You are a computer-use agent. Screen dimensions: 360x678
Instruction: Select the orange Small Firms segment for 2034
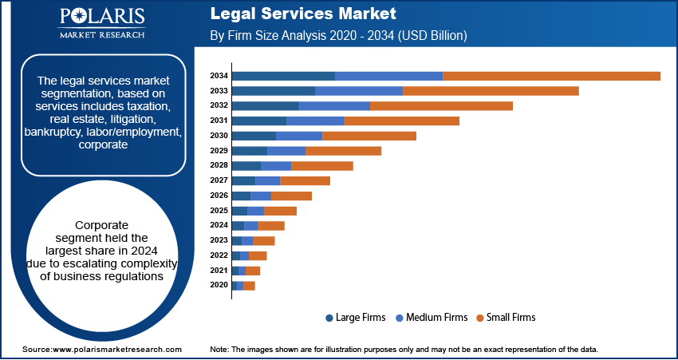(551, 76)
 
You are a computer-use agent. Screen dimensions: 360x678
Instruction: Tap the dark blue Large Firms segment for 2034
(283, 76)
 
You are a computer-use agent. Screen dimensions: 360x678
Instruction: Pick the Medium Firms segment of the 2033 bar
(359, 91)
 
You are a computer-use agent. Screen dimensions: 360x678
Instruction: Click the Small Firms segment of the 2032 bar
(441, 105)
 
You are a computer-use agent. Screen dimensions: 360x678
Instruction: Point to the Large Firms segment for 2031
(258, 121)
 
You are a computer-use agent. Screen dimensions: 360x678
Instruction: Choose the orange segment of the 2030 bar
(369, 136)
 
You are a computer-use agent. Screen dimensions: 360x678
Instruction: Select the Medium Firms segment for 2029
(286, 151)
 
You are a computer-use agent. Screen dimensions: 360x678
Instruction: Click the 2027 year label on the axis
(219, 180)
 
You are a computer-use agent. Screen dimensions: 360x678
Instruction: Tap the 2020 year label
(219, 285)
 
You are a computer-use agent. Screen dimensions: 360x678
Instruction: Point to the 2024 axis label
(219, 225)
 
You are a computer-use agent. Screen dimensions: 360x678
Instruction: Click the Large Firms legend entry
(356, 318)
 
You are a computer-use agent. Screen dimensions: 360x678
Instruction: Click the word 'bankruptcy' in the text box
(53, 132)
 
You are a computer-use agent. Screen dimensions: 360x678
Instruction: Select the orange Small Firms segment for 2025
(280, 211)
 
